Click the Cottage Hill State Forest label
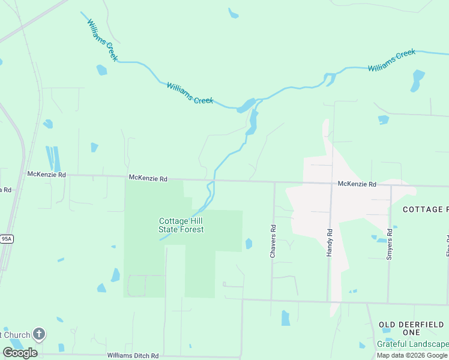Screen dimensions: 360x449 tap(181, 225)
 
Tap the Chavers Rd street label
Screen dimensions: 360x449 tap(273, 241)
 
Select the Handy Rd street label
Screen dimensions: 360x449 tap(330, 243)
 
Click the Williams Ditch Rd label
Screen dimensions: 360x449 tap(133, 356)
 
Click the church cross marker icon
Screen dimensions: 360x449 tap(39, 334)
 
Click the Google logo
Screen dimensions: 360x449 tap(20, 352)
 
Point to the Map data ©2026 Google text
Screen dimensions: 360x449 tap(412, 355)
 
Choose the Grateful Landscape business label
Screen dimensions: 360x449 tap(413, 344)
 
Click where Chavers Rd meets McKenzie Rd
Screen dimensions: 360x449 tap(274, 181)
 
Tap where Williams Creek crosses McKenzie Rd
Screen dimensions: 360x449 tap(211, 179)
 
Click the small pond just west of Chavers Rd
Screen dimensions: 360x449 tap(249, 243)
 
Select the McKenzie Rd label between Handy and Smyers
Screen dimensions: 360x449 tap(357, 184)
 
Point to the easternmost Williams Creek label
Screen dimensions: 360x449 tap(391, 61)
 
